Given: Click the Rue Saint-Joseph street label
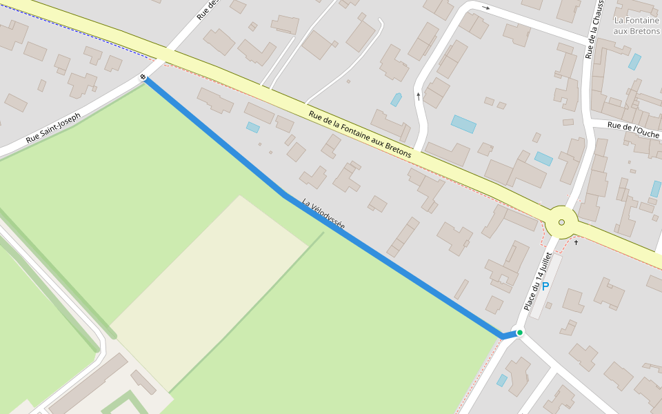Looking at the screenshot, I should [x=53, y=128].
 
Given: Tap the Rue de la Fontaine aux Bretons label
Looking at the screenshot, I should [x=359, y=135].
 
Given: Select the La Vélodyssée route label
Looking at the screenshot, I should [x=323, y=214].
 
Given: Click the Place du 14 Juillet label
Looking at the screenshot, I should [x=538, y=281].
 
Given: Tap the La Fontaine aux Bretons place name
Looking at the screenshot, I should [x=636, y=26].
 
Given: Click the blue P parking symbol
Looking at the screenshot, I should [x=545, y=286].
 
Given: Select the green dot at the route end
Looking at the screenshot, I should [x=520, y=333].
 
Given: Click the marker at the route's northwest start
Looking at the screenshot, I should [x=143, y=77].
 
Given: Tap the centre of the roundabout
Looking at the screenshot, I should [x=561, y=222].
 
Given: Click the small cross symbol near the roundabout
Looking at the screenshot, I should [x=576, y=242].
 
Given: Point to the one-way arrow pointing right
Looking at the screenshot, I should [x=485, y=8].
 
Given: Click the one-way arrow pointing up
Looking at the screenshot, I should [x=418, y=96].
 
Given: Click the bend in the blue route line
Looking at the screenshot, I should [x=284, y=196].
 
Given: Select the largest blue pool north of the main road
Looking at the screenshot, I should [x=463, y=124].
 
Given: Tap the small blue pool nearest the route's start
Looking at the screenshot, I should [x=253, y=128].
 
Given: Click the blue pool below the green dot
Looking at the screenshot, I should [x=502, y=380].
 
